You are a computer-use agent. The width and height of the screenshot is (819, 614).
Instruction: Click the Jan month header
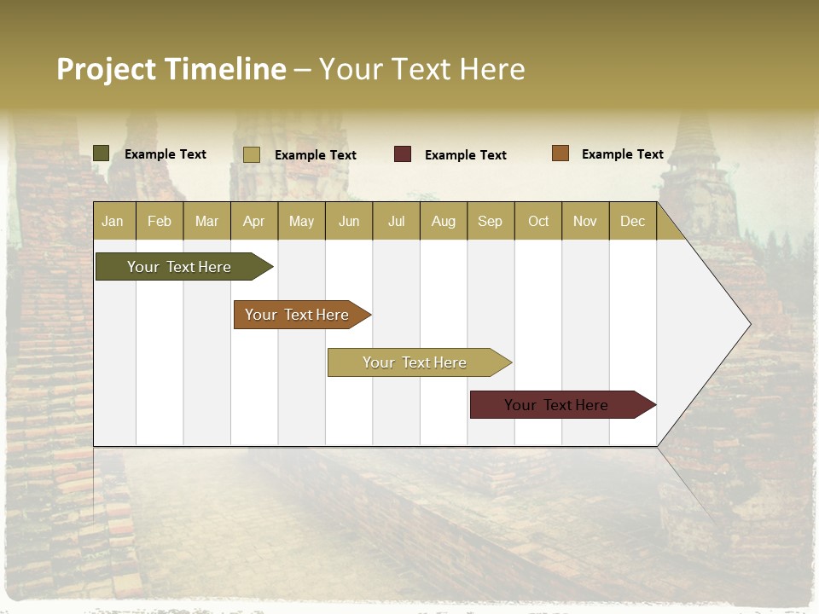point(113,221)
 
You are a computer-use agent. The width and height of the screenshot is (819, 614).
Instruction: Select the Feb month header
point(160,221)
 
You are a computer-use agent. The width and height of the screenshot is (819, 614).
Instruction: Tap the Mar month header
point(206,221)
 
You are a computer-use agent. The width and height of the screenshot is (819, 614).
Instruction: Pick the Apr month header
point(254,221)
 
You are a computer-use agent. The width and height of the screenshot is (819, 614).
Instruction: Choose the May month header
point(301,221)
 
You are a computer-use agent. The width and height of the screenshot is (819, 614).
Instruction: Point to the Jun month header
point(349,221)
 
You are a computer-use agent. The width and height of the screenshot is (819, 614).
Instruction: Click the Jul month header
point(396,221)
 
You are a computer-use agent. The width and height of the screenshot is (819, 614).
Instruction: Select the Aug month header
point(444,221)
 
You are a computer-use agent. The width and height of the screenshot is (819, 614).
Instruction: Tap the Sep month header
point(491,221)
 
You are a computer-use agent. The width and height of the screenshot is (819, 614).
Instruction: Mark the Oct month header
point(538,221)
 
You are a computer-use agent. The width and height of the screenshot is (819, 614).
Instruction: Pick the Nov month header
point(585,221)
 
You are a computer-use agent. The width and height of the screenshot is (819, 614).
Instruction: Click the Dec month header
point(633,221)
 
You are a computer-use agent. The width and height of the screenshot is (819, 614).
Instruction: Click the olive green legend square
point(102,153)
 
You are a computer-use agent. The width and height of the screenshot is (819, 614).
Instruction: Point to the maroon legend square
point(403,154)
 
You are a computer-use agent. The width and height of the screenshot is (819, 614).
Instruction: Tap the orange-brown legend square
point(561,153)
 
